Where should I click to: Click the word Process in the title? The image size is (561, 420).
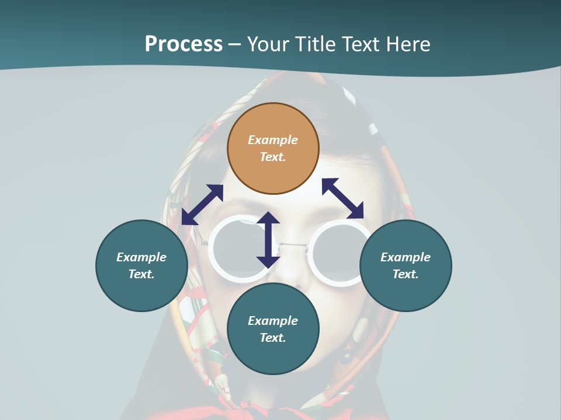tap(183, 44)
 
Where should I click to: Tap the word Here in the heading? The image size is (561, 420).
tap(407, 44)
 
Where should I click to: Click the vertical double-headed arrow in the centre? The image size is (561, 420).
tap(268, 240)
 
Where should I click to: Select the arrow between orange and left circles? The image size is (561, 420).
tap(202, 205)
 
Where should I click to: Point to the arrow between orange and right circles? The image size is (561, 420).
tap(343, 198)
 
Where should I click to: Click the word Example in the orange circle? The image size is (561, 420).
tap(273, 140)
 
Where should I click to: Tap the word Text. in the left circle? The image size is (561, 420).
tap(141, 274)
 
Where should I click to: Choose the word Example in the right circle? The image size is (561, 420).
tap(406, 257)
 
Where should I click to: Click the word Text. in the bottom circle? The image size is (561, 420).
tap(273, 338)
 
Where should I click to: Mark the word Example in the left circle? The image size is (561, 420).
tap(141, 257)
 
